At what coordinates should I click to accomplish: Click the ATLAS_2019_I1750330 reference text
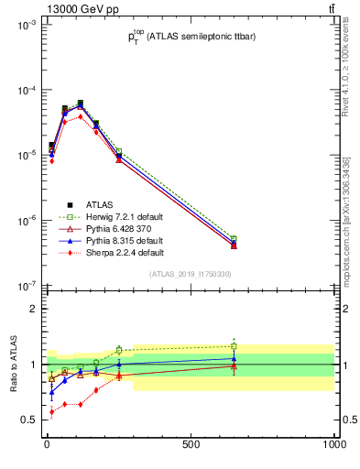pyautogui.click(x=190, y=274)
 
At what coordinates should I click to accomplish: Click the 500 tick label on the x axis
pyautogui.click(x=191, y=444)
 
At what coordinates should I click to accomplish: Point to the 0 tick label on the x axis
pyautogui.click(x=47, y=444)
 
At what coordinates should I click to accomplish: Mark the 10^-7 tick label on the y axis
pyautogui.click(x=24, y=286)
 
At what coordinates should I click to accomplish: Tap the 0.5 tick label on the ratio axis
pyautogui.click(x=27, y=420)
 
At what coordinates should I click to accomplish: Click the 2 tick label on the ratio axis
pyautogui.click(x=32, y=309)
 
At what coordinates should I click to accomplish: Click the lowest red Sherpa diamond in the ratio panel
pyautogui.click(x=51, y=412)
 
